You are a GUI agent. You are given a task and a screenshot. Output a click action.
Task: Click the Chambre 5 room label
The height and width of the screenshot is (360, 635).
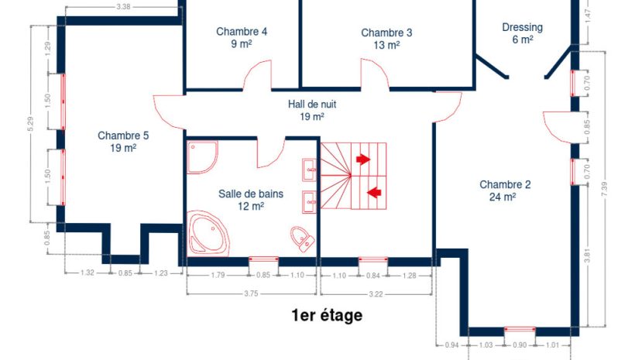pyautogui.click(x=123, y=142)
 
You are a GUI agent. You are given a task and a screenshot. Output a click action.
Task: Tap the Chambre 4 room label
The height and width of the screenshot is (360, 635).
pyautogui.click(x=242, y=37)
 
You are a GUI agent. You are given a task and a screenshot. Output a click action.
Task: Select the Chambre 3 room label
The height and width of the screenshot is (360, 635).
pyautogui.click(x=386, y=39)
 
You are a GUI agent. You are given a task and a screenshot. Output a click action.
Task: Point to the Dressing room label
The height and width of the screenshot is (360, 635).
pyautogui.click(x=523, y=33)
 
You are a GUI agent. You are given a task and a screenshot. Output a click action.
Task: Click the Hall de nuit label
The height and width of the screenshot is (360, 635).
pyautogui.click(x=312, y=110)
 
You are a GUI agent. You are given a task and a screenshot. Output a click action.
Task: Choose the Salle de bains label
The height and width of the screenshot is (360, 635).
pyautogui.click(x=251, y=200)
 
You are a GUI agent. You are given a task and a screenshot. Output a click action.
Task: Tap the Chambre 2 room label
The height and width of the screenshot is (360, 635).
pyautogui.click(x=505, y=190)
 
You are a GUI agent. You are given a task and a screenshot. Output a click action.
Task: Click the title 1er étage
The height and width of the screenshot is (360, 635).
pyautogui.click(x=327, y=315)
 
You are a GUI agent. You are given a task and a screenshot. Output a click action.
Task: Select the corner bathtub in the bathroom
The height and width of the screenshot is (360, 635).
pyautogui.click(x=208, y=233)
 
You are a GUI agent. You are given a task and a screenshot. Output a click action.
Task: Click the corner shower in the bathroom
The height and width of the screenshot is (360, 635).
pyautogui.click(x=202, y=157)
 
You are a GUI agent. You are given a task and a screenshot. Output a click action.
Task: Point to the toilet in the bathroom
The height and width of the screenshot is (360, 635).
pyautogui.click(x=303, y=238)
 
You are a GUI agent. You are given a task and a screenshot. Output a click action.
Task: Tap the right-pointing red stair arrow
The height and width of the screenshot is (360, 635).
pyautogui.click(x=363, y=159)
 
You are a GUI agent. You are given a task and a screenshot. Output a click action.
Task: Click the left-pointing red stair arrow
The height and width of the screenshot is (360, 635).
pyautogui.click(x=374, y=192)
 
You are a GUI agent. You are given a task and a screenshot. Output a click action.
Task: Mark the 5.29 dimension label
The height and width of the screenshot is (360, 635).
pyautogui.click(x=31, y=124)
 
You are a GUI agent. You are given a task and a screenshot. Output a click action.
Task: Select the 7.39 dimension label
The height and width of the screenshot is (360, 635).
pyautogui.click(x=604, y=189)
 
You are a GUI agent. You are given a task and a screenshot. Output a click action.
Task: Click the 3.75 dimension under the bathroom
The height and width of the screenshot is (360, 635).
pyautogui.click(x=251, y=293)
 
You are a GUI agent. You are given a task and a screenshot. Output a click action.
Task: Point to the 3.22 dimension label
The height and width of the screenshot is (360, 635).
pyautogui.click(x=376, y=294)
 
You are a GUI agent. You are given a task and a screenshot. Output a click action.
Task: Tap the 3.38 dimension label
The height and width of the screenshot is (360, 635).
pyautogui.click(x=123, y=6)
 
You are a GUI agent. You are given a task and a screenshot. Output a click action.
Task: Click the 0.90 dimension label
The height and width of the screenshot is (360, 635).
pyautogui.click(x=520, y=345)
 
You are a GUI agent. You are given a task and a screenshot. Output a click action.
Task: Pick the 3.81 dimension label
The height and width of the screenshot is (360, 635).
pyautogui.click(x=588, y=255)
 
